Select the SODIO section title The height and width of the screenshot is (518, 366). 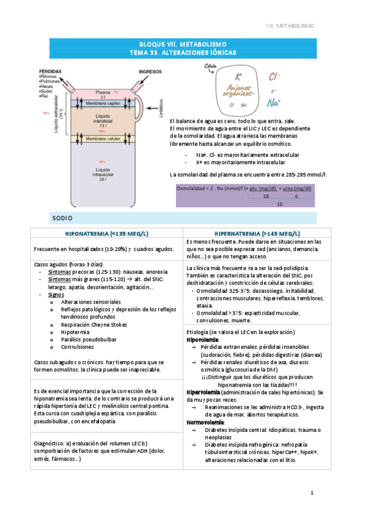(64, 218)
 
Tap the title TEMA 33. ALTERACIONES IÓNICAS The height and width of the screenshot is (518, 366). (183, 53)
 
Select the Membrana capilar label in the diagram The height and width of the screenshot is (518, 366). (104, 103)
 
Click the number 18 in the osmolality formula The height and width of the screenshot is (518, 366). (266, 197)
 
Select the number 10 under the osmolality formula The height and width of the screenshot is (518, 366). (279, 204)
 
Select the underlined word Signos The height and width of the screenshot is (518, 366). (56, 294)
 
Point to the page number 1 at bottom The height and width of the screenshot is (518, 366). (312, 492)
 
